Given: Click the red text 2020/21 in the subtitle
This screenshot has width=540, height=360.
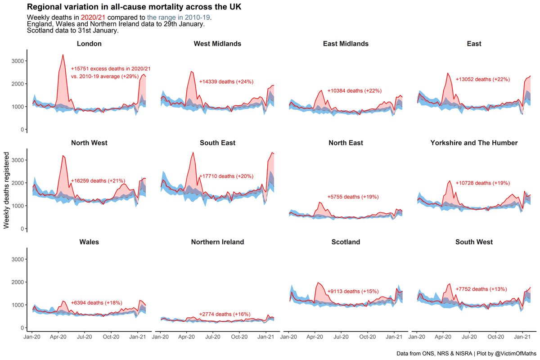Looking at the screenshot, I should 93,18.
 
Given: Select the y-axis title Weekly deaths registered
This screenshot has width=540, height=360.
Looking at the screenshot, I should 7,190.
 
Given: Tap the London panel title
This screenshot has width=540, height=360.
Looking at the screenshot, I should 89,44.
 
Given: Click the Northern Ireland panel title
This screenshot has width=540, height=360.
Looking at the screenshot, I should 217,242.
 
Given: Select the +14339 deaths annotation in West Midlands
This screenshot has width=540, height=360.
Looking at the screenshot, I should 226,82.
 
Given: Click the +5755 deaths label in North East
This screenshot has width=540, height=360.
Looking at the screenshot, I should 353,197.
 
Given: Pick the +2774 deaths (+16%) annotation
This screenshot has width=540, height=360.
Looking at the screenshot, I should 225,314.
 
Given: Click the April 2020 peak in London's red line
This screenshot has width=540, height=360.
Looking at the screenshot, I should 63,55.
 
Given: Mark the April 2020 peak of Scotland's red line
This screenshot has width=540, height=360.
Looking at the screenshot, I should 318,283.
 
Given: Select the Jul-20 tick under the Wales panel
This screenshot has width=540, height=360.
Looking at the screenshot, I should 85,336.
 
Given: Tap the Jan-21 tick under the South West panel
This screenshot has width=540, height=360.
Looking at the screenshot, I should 522,336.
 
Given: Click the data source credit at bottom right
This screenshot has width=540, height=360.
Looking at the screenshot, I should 465,353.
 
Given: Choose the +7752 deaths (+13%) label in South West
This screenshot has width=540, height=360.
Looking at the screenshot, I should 481,289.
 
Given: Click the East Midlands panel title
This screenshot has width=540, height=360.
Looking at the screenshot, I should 346,44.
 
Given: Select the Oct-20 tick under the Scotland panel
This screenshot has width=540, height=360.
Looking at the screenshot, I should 368,336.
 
